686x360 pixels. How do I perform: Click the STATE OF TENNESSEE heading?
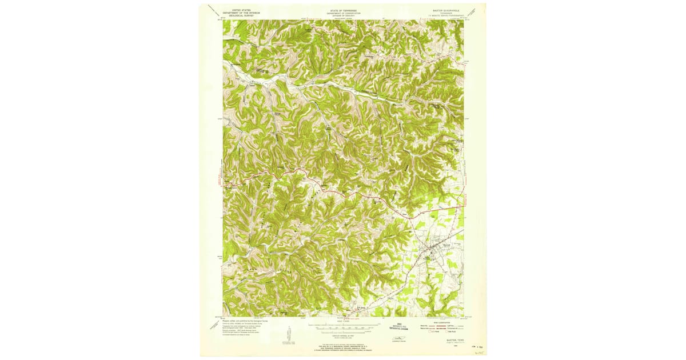(342, 10)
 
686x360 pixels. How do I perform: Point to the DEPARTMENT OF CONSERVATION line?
(342, 13)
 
